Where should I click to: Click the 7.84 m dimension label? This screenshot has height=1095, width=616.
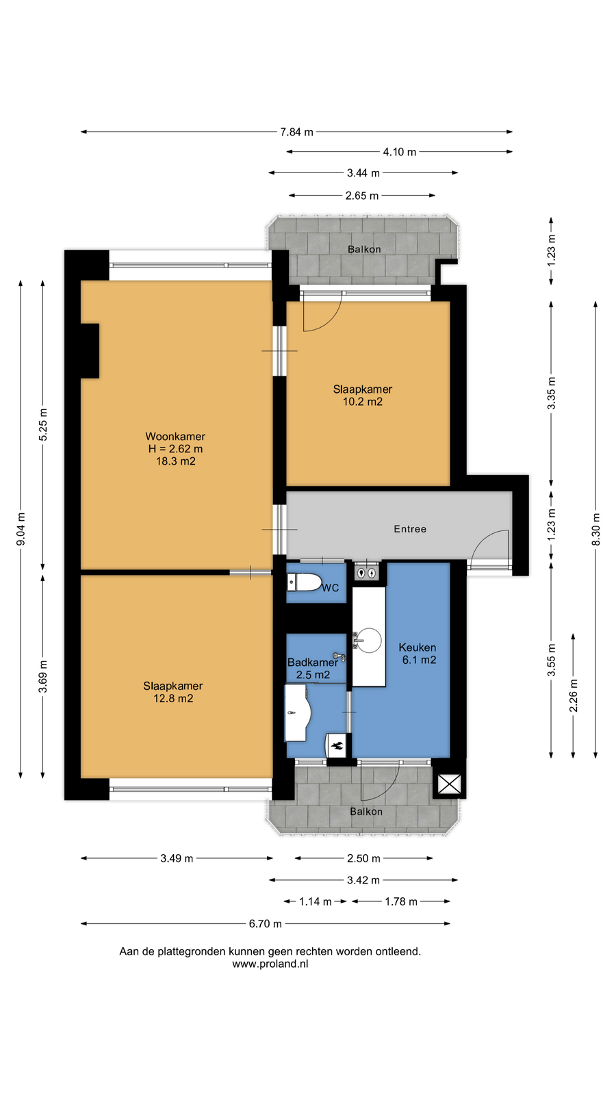point(297,132)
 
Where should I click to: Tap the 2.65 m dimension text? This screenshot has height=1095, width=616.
point(362,196)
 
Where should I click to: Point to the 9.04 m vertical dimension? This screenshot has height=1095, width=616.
point(21,530)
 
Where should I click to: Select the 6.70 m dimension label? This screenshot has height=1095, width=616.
point(265,924)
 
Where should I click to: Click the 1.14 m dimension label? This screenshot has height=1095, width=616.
point(316,901)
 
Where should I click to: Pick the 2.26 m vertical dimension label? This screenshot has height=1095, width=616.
point(574,695)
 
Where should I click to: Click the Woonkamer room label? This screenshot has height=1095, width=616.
point(175,436)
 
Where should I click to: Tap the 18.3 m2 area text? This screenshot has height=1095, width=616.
point(175,461)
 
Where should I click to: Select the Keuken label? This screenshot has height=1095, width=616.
point(418,647)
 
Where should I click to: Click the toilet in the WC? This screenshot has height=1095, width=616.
point(304,582)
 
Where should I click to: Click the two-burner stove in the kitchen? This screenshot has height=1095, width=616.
point(366,571)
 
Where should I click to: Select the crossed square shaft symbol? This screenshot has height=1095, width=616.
point(449,784)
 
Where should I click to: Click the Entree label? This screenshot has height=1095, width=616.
point(410,529)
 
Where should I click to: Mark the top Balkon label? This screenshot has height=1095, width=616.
point(364,249)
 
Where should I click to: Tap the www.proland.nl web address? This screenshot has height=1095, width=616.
point(270,964)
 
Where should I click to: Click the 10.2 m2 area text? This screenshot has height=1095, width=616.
point(363,402)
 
